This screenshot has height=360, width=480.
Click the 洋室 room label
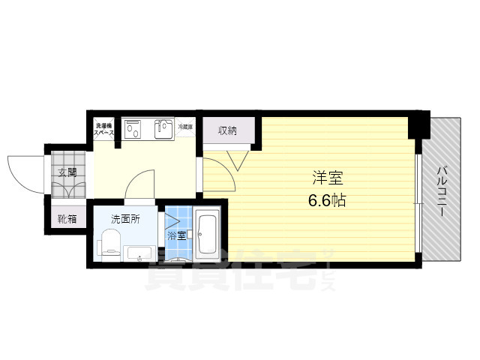328,178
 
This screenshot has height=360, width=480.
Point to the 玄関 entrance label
67,171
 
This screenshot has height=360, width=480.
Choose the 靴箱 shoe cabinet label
67,219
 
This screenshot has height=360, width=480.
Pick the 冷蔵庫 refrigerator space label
185,127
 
